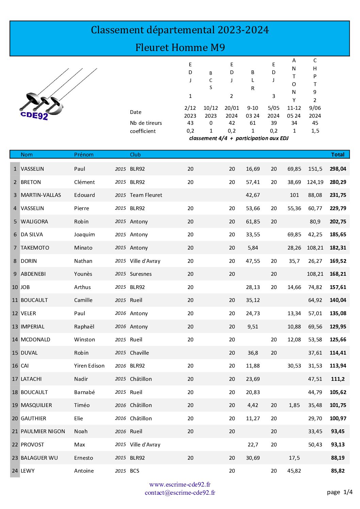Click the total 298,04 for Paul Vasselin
pyautogui.click(x=338, y=169)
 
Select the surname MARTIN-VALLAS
pyautogui.click(x=41, y=195)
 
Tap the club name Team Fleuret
pyautogui.click(x=146, y=195)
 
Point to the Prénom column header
pyautogui.click(x=84, y=155)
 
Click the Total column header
pyautogui.click(x=338, y=155)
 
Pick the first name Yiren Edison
pyautogui.click(x=89, y=366)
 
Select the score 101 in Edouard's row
pyautogui.click(x=294, y=195)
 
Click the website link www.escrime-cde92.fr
pyautogui.click(x=180, y=485)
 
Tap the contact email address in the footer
pyautogui.click(x=180, y=493)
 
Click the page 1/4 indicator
pyautogui.click(x=339, y=492)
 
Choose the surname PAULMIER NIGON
pyautogui.click(x=43, y=431)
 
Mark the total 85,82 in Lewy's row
pyautogui.click(x=338, y=471)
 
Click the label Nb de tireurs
pyautogui.click(x=146, y=123)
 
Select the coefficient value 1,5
pyautogui.click(x=315, y=131)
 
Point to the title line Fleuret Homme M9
pyautogui.click(x=180, y=47)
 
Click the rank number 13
pyautogui.click(x=15, y=327)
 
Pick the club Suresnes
pyautogui.click(x=141, y=274)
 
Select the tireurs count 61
pyautogui.click(x=252, y=123)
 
